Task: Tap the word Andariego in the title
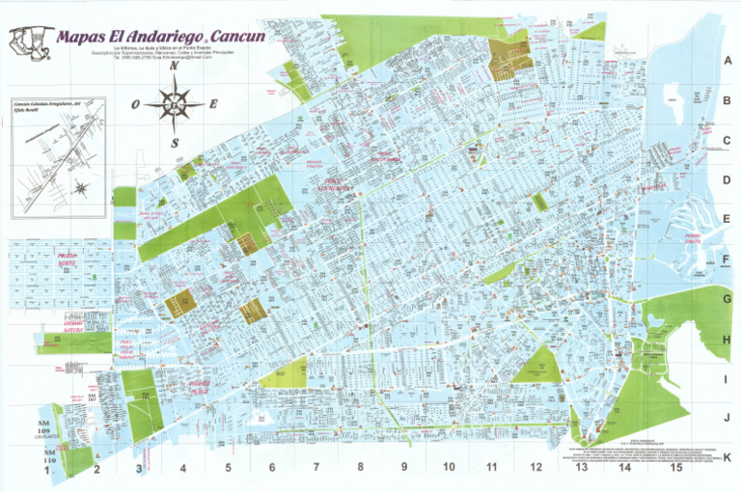(151, 37)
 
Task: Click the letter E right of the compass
(213, 104)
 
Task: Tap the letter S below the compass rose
(175, 143)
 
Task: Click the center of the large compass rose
(175, 103)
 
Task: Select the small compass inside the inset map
(80, 187)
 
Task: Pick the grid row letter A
(727, 60)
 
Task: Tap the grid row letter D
(727, 180)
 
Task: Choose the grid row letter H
(727, 340)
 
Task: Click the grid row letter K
(727, 457)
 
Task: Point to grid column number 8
(360, 469)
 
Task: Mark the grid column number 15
(677, 468)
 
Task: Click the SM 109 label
(45, 428)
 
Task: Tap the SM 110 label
(45, 455)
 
